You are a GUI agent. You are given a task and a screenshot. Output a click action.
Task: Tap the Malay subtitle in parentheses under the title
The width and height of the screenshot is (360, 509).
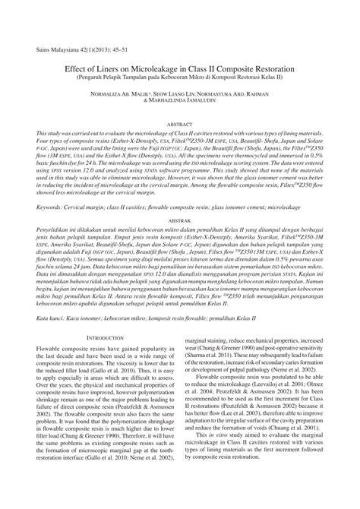click(180, 77)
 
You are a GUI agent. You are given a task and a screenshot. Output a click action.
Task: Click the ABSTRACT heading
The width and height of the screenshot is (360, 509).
click(180, 122)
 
